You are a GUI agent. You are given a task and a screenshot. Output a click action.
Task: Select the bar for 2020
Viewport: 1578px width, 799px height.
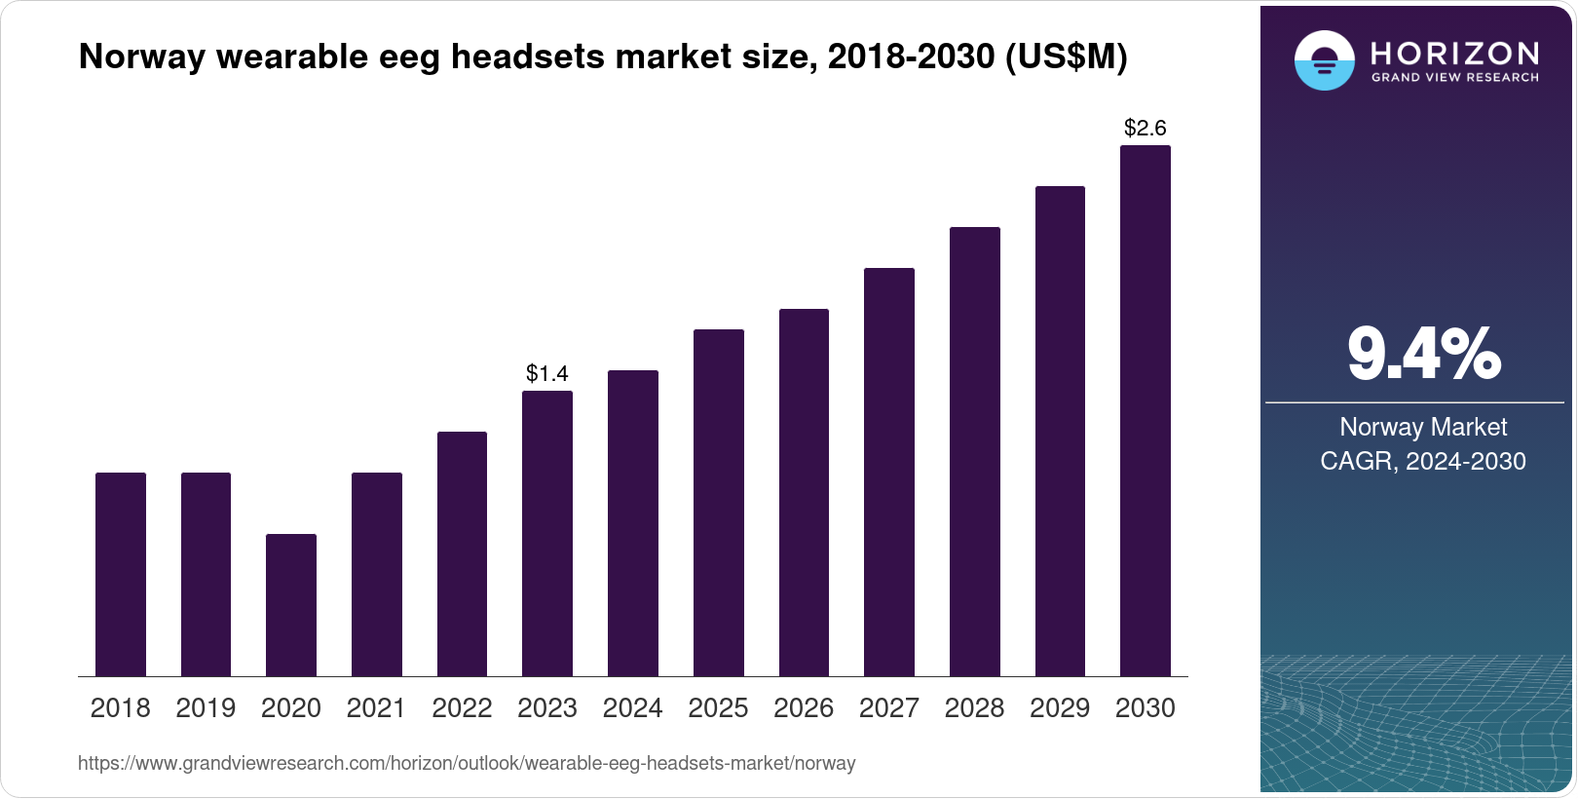click(291, 605)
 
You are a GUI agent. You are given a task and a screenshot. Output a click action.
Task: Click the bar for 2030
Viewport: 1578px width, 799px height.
click(1146, 410)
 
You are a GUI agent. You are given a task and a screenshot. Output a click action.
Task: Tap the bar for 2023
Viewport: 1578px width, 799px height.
click(547, 533)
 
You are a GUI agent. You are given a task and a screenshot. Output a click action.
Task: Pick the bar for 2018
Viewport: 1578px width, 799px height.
click(121, 574)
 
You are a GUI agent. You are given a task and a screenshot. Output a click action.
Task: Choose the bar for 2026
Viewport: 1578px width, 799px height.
click(804, 492)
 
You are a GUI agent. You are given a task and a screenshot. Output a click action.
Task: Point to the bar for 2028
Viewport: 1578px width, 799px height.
click(975, 451)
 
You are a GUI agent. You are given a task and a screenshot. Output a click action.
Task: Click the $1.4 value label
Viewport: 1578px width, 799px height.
click(547, 373)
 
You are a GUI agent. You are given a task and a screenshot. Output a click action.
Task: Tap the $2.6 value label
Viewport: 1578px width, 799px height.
click(1146, 128)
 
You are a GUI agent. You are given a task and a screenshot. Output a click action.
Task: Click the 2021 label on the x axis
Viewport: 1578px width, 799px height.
click(376, 708)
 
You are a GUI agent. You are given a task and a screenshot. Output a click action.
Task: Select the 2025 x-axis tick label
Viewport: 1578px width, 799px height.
click(718, 708)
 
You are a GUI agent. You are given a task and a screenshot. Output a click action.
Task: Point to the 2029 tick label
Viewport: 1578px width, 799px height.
click(1060, 708)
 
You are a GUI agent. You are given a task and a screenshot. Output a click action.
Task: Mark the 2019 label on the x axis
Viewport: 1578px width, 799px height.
click(206, 708)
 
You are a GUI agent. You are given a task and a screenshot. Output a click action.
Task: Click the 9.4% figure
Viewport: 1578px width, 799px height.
click(1423, 354)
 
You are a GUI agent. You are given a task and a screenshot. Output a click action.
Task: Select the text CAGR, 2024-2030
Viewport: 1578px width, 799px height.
click(1423, 461)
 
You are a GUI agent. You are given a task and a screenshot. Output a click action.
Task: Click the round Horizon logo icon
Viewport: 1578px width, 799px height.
click(1324, 60)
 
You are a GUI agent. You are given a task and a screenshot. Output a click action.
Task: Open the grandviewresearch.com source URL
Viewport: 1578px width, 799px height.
click(467, 763)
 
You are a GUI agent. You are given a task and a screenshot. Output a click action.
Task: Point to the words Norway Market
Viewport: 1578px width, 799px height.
click(1423, 427)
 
